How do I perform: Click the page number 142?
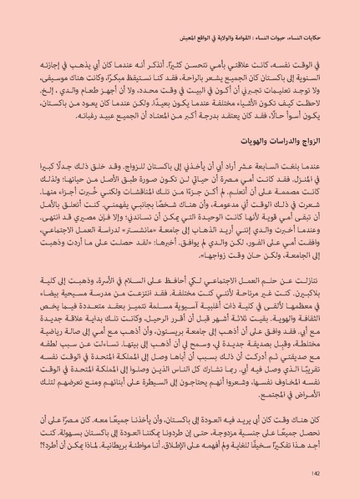pos(316,474)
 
